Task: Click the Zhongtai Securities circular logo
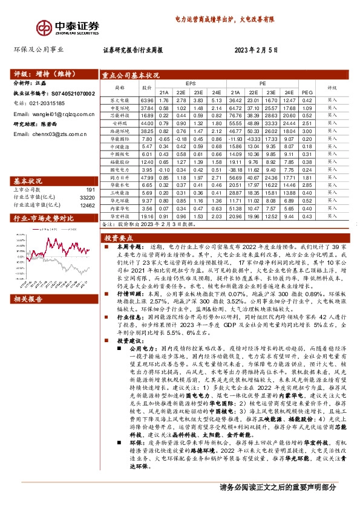pyautogui.click(x=44, y=27)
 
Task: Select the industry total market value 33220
pyautogui.click(x=87, y=198)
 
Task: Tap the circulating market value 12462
pyautogui.click(x=87, y=206)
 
